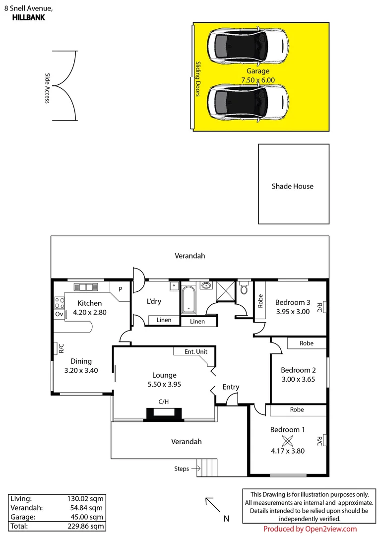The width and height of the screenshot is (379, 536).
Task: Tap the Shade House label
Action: pyautogui.click(x=292, y=187)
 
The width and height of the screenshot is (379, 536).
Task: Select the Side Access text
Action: pyautogui.click(x=48, y=88)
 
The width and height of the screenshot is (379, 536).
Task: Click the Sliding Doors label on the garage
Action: pyautogui.click(x=197, y=78)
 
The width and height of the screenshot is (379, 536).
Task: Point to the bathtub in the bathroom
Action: pyautogui.click(x=189, y=299)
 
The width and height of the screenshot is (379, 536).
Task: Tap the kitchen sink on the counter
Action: pyautogui.click(x=86, y=287)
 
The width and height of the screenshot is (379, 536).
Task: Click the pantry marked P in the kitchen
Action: pyautogui.click(x=120, y=289)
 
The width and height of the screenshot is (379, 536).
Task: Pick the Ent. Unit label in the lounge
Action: pyautogui.click(x=195, y=352)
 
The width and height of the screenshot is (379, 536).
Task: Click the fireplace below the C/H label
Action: pyautogui.click(x=164, y=414)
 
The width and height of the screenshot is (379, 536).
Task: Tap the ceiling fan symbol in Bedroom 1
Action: pyautogui.click(x=287, y=440)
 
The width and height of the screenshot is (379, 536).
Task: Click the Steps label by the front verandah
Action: pyautogui.click(x=181, y=469)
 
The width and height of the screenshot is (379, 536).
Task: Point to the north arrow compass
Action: pyautogui.click(x=214, y=506)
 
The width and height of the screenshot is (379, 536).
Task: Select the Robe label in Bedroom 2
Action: pyautogui.click(x=307, y=343)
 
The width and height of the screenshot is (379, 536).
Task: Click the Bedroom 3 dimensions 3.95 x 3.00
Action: pyautogui.click(x=293, y=312)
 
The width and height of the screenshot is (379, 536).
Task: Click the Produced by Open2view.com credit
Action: pyautogui.click(x=310, y=529)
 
